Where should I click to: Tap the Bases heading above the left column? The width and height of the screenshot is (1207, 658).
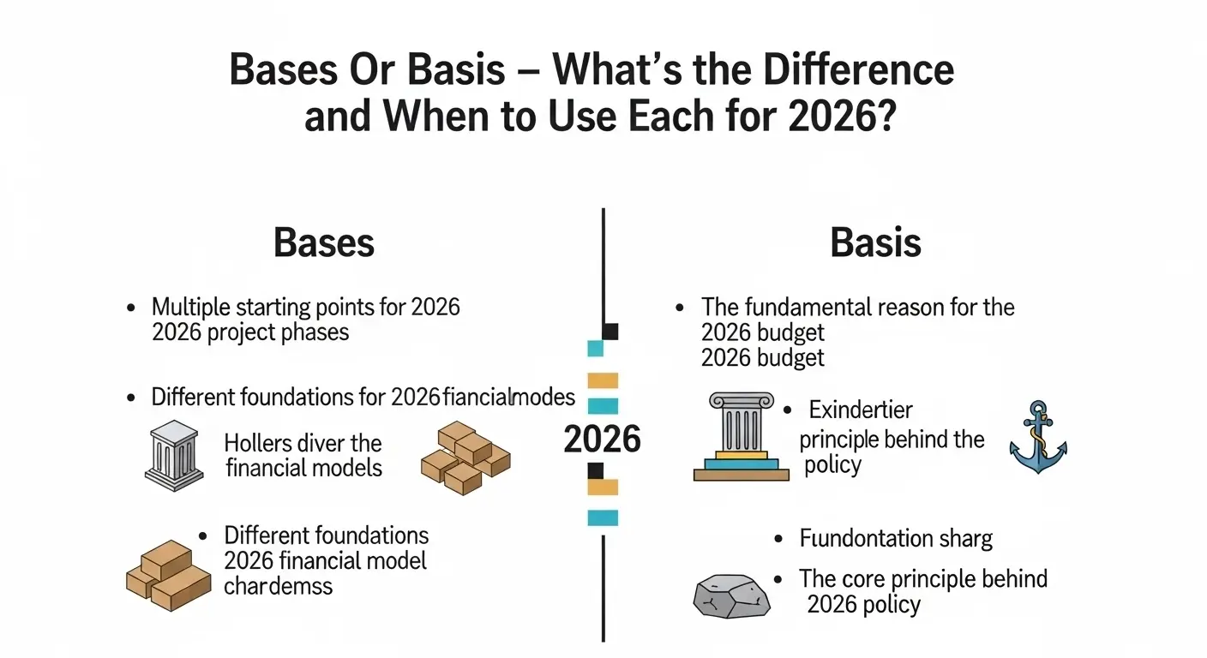tap(324, 243)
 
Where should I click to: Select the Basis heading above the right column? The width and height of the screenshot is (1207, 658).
tap(875, 243)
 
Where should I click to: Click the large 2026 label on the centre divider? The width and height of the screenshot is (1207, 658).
tap(602, 440)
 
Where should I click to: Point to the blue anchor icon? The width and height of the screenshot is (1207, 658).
tap(1037, 437)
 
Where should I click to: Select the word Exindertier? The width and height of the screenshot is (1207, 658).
tap(861, 410)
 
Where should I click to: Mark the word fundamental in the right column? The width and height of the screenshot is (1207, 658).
tap(819, 307)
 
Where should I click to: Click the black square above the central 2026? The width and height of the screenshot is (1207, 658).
tap(610, 332)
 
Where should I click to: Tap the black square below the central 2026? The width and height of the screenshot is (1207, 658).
tap(594, 470)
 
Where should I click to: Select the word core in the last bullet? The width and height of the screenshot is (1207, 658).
tap(874, 578)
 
